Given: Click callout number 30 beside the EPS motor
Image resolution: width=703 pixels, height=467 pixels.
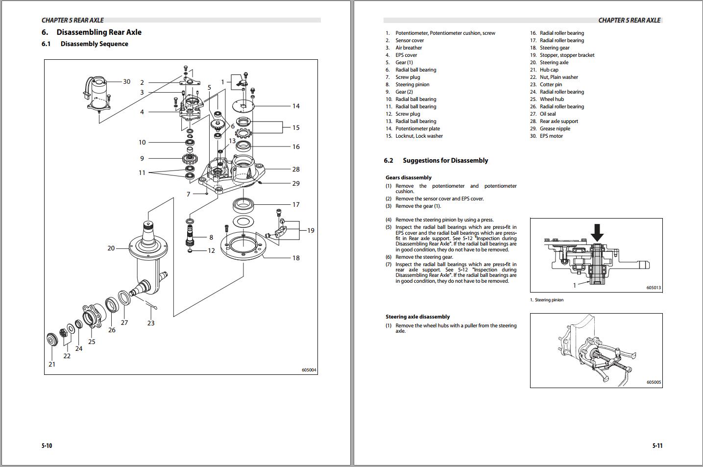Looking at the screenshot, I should coord(126,81).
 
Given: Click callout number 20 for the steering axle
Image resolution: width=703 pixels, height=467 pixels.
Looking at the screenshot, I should coord(111,248).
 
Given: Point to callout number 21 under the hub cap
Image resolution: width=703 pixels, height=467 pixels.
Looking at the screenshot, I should coord(52,364).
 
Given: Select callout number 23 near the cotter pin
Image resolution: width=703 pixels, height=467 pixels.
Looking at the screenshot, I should coord(151,323).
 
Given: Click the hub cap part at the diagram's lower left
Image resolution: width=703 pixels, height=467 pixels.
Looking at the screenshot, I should coord(52,340).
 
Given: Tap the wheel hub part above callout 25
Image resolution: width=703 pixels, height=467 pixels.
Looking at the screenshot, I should coord(92,316).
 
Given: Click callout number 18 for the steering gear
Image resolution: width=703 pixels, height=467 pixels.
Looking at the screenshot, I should coord(296,258).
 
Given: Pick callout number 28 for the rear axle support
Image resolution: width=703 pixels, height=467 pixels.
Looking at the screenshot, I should coord(296,169).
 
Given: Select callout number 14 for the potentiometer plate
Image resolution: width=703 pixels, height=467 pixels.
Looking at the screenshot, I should coord(296,106).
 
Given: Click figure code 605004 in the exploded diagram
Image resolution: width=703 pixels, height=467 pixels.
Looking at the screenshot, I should coord(310,370).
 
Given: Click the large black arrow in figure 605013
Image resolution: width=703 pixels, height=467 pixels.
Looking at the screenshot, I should coord(597,232).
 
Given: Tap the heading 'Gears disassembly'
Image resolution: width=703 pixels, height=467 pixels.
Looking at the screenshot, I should coord(409,177).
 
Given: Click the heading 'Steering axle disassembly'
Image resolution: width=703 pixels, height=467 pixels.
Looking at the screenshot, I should coord(417,317).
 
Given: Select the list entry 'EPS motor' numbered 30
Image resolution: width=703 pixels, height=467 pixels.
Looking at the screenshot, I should coord(551,136).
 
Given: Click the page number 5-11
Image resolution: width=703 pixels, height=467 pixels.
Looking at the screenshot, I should coord(657,445).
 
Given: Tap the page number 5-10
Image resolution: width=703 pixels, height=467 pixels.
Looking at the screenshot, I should coord(47,445).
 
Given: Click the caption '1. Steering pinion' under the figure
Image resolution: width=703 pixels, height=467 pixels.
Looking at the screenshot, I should coord(547,300).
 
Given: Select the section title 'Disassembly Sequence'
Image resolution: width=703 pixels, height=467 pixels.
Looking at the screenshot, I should coord(94,44).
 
